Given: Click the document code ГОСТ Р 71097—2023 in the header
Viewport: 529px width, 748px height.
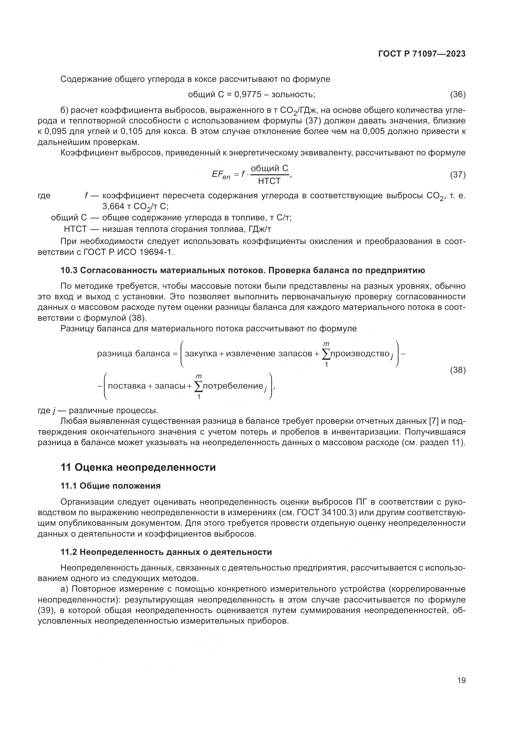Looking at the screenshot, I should (x=422, y=54).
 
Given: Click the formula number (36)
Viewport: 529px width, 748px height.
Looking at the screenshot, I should (x=458, y=94).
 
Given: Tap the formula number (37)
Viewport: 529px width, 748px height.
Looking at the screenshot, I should (x=458, y=175).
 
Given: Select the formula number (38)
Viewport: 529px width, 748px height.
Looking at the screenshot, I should (x=458, y=370).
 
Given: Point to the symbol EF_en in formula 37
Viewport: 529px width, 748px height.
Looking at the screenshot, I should (x=221, y=175).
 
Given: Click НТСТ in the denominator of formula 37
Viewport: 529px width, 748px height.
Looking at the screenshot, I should (x=269, y=181).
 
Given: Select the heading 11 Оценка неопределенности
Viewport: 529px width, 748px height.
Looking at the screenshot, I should (x=138, y=468).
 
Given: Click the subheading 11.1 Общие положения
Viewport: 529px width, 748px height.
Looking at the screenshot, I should (x=110, y=486).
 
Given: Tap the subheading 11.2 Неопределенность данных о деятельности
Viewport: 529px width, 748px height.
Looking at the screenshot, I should (x=166, y=552).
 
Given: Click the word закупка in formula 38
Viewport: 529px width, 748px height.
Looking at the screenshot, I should (x=201, y=353).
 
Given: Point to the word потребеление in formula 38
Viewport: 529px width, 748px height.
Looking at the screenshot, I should (x=233, y=386).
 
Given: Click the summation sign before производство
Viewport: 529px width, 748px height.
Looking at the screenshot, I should (x=326, y=354).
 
